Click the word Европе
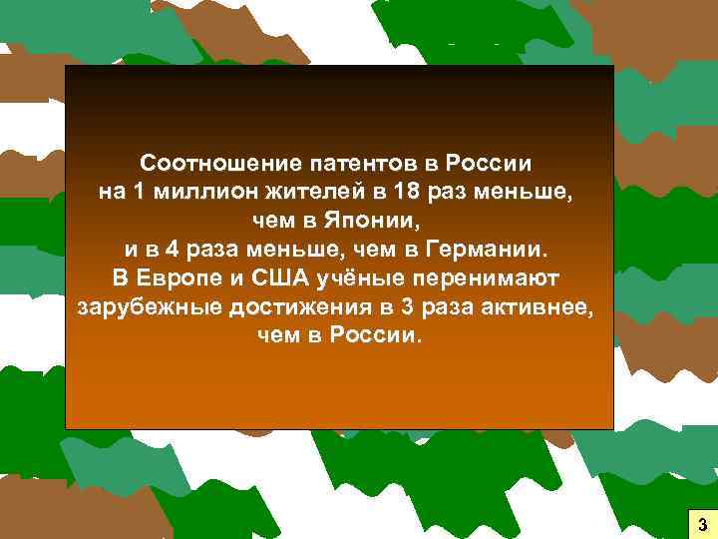171,276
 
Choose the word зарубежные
142,305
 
